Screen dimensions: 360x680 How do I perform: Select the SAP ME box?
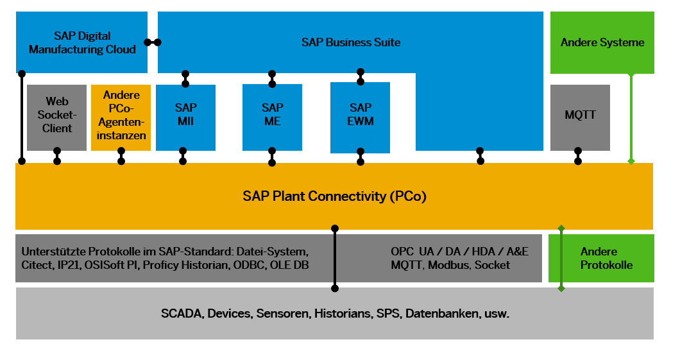coord(272,116)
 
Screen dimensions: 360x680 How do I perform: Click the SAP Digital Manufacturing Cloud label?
coord(82,42)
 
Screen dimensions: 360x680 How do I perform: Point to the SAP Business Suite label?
coord(351,42)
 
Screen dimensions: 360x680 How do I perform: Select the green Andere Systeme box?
coord(602,42)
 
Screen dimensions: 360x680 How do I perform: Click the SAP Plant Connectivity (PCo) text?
coord(334,196)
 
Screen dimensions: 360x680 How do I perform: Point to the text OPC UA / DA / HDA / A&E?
coord(459,252)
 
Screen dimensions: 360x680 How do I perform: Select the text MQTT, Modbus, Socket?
coord(450,265)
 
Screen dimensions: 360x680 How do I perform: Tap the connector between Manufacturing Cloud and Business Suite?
coord(153,42)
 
